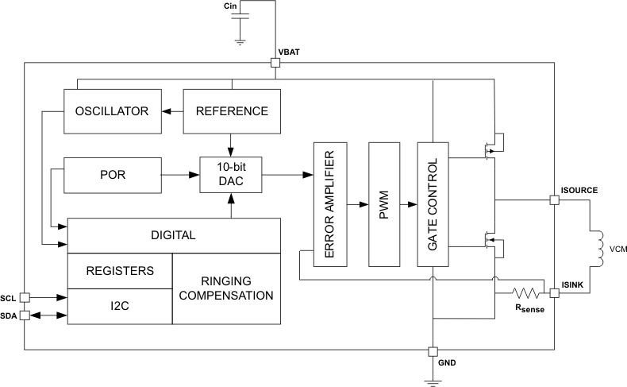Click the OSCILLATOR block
[x=111, y=111]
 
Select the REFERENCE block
[x=231, y=111]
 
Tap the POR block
[x=111, y=173]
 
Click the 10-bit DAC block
[x=231, y=174]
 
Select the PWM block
[x=384, y=205]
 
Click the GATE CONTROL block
[x=433, y=205]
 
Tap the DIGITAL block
[x=174, y=235]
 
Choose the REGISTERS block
[x=119, y=271]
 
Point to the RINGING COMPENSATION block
[x=227, y=288]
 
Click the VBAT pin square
[x=275, y=64]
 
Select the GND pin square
[x=433, y=351]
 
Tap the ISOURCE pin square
[x=555, y=200]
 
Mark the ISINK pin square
[x=555, y=293]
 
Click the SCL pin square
[x=25, y=297]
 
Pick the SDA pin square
[x=25, y=315]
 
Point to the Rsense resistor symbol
[x=525, y=293]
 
